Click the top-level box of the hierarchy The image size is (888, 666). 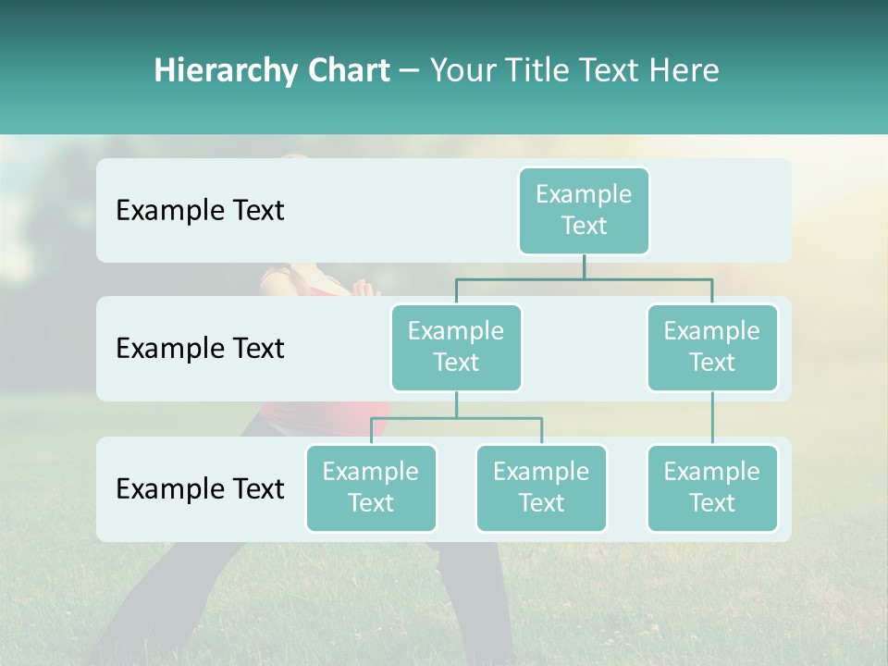584,210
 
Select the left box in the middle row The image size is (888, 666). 456,347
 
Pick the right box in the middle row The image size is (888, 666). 712,347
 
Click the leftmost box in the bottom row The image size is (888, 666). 371,487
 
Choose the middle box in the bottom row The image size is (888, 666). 541,487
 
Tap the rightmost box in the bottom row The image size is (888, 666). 712,487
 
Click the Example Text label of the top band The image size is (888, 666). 200,210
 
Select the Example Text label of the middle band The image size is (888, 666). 200,348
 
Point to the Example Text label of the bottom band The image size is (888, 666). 200,488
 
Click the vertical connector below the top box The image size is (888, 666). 584,267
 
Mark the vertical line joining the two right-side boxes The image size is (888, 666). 712,418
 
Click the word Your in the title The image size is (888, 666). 462,70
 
